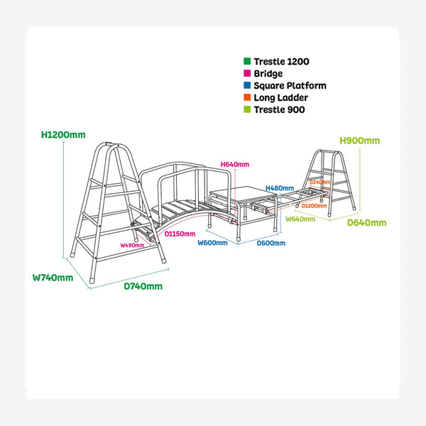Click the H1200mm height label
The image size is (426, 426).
pyautogui.click(x=63, y=135)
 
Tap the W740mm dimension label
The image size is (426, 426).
pyautogui.click(x=53, y=278)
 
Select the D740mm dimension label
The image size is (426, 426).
pyautogui.click(x=143, y=286)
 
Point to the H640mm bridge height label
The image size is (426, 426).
pyautogui.click(x=235, y=165)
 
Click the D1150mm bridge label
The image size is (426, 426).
pyautogui.click(x=180, y=234)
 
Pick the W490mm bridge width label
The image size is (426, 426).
pyautogui.click(x=132, y=246)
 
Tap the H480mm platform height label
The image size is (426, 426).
pyautogui.click(x=280, y=188)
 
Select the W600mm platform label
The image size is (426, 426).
pyautogui.click(x=212, y=243)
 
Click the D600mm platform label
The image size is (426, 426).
pyautogui.click(x=271, y=243)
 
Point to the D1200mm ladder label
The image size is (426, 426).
pyautogui.click(x=314, y=206)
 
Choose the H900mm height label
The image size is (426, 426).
pyautogui.click(x=360, y=141)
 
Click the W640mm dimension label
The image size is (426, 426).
pyautogui.click(x=300, y=219)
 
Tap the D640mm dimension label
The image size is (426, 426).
pyautogui.click(x=366, y=223)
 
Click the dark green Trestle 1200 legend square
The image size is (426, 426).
pyautogui.click(x=247, y=61)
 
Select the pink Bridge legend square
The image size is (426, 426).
pyautogui.click(x=247, y=73)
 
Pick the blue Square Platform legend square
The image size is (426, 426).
pyautogui.click(x=247, y=85)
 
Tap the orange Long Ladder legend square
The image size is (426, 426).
pyautogui.click(x=247, y=97)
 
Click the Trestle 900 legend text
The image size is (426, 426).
pyautogui.click(x=279, y=110)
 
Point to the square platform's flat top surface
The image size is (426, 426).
pyautogui.click(x=243, y=194)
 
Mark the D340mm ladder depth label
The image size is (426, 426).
pyautogui.click(x=319, y=182)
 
